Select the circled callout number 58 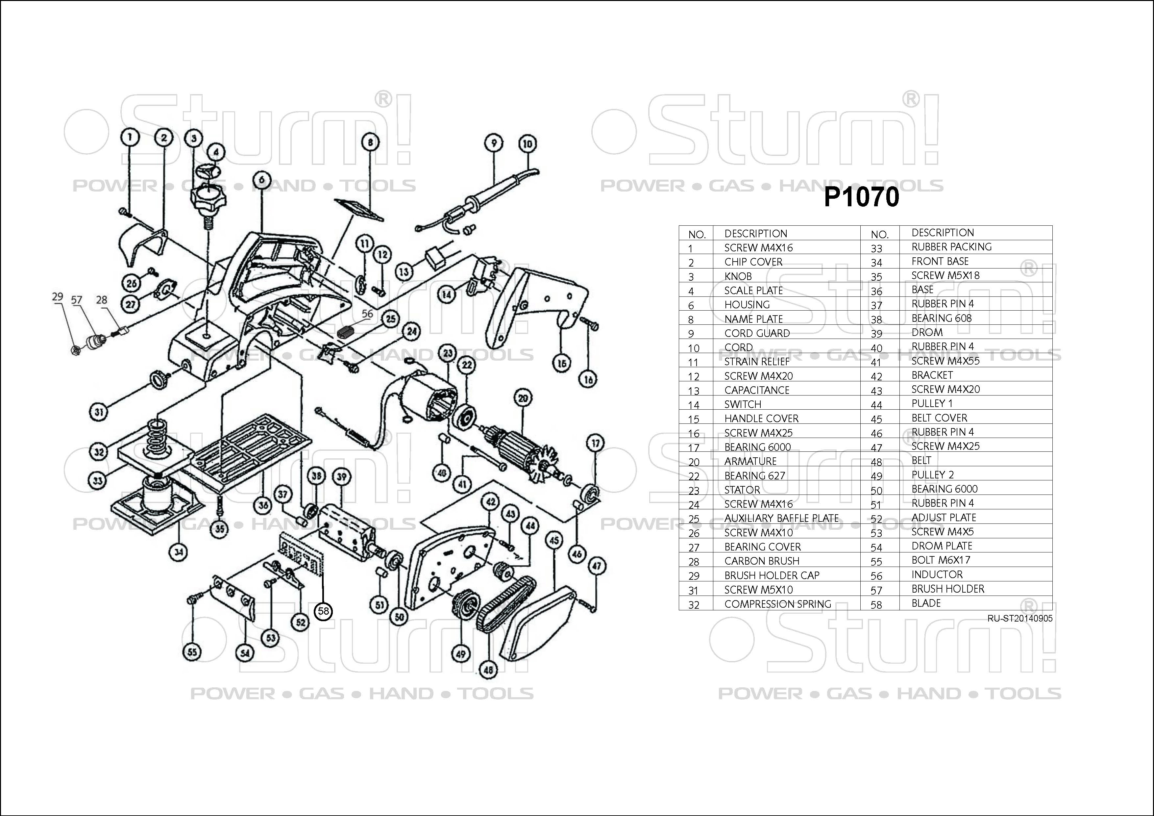tap(323, 611)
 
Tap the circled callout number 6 tap(262, 180)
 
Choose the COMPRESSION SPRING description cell tap(777, 604)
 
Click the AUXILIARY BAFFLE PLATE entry tap(781, 518)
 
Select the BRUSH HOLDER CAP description tap(772, 575)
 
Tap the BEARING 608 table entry tap(942, 318)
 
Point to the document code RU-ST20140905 tap(1019, 618)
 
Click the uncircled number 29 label tap(58, 297)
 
